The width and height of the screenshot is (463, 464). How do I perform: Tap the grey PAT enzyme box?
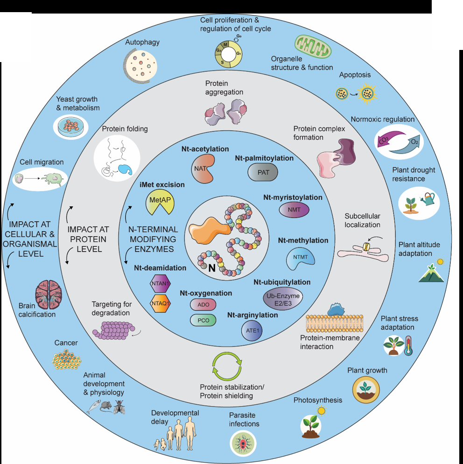262,173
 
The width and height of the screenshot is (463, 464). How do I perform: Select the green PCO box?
203,320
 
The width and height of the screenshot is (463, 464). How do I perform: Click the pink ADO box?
203,305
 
